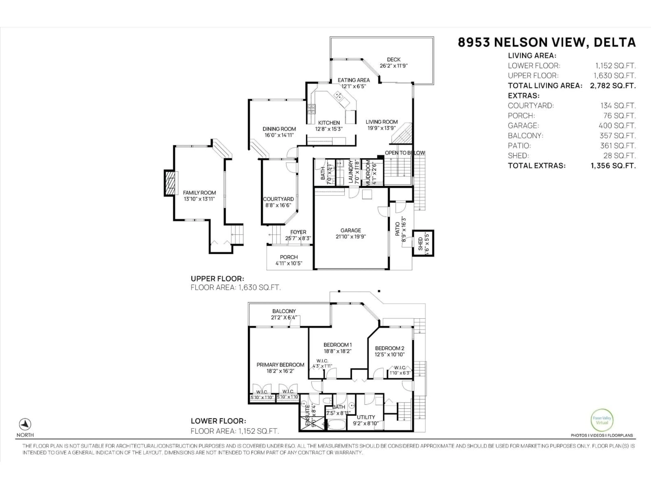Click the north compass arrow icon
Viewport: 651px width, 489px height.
click(25, 424)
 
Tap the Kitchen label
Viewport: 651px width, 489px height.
click(329, 123)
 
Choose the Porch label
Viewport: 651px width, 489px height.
click(289, 257)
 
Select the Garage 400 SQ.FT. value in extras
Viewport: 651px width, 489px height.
click(617, 126)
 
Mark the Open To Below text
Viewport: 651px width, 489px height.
click(405, 153)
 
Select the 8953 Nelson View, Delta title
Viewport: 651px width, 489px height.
click(547, 42)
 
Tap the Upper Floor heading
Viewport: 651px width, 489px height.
click(217, 279)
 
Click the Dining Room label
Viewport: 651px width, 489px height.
click(279, 129)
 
